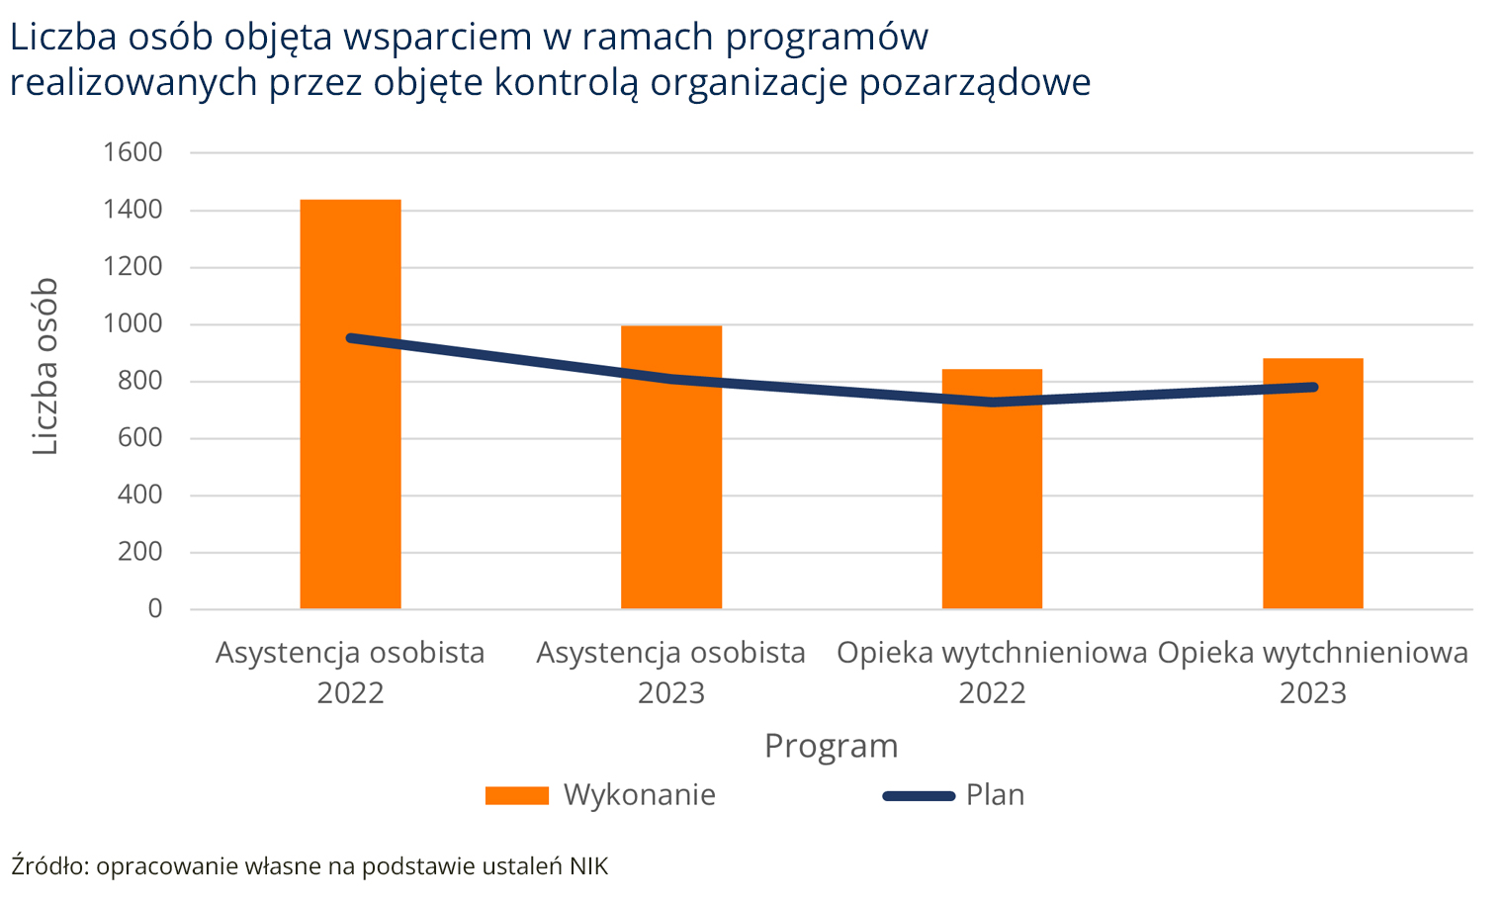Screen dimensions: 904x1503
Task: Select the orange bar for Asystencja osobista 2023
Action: point(671,495)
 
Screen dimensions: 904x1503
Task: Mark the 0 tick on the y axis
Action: point(154,608)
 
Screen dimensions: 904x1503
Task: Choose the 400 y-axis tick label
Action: point(139,495)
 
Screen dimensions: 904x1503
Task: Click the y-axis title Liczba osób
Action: point(45,367)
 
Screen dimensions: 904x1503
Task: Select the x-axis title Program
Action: point(831,746)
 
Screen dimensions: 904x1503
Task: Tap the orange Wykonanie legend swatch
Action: point(516,795)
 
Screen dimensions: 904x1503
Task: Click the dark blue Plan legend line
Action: point(918,795)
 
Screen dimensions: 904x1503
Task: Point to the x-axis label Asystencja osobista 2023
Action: point(671,673)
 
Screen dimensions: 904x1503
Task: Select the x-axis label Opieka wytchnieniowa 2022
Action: point(992,673)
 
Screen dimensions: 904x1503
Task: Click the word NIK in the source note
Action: point(588,866)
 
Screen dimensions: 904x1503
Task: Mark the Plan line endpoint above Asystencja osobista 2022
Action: point(350,338)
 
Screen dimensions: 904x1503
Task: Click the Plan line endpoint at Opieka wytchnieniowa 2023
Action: point(1313,387)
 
